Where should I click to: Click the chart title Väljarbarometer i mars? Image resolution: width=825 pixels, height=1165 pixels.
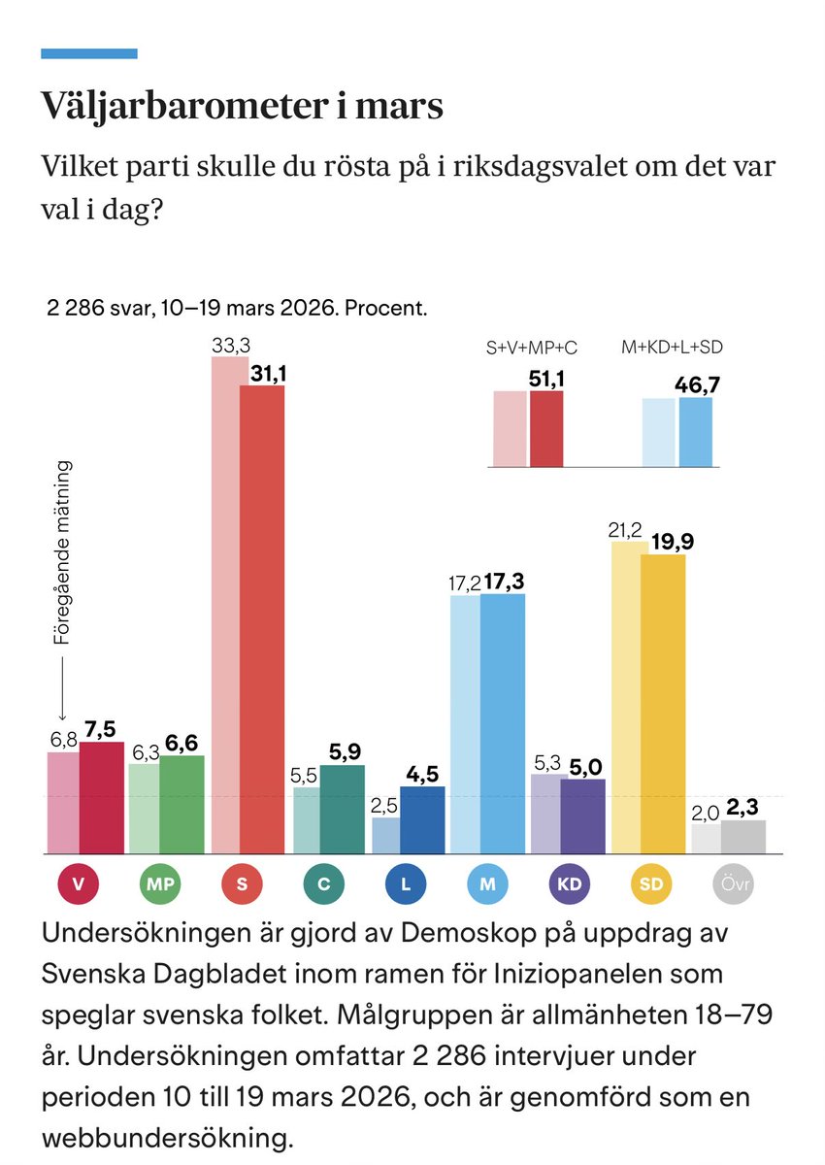(x=242, y=107)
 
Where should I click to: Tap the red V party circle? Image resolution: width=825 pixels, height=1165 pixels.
(x=81, y=884)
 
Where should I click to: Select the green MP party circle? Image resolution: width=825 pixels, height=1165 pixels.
(x=160, y=884)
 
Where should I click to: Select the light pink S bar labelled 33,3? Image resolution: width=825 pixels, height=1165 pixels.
(x=228, y=602)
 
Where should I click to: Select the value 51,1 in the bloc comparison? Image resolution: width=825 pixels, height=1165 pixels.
(x=546, y=379)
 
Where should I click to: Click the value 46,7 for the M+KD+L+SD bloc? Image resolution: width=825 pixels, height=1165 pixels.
(x=697, y=385)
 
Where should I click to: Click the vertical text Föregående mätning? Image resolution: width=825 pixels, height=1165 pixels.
(x=63, y=553)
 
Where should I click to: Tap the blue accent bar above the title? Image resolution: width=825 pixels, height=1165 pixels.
(x=88, y=53)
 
